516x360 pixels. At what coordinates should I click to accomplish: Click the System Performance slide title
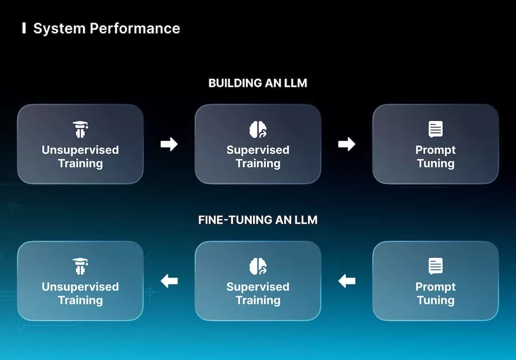point(107,28)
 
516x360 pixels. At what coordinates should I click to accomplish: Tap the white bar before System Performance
point(24,28)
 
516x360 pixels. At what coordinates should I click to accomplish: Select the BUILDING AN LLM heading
point(257,83)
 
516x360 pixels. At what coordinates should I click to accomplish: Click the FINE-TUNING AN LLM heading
point(257,220)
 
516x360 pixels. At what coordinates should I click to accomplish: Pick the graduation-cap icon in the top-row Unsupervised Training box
point(80,130)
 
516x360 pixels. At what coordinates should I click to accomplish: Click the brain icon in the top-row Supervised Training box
point(258,129)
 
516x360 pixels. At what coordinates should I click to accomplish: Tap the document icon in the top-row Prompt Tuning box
point(435,129)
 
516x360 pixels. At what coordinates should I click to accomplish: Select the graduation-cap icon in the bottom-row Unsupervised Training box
point(80,266)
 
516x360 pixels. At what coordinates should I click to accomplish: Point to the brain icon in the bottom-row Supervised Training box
point(258,266)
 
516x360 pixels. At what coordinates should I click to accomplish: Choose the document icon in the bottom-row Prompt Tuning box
point(435,266)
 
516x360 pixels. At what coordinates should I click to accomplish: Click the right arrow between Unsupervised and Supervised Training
point(169,144)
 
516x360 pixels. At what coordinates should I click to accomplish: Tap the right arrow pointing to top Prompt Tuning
point(347,144)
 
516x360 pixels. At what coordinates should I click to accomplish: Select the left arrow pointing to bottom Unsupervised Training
point(169,281)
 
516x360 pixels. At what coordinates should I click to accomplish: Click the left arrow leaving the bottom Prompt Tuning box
point(347,281)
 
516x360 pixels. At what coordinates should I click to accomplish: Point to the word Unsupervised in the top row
point(80,150)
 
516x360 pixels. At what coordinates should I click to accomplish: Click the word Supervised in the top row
point(258,150)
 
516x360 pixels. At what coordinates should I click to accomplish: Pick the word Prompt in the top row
point(435,150)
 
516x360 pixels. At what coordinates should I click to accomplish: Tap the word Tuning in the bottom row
point(435,301)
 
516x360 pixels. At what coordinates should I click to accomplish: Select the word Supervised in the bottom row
point(258,287)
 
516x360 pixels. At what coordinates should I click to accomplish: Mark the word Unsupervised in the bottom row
point(80,287)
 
